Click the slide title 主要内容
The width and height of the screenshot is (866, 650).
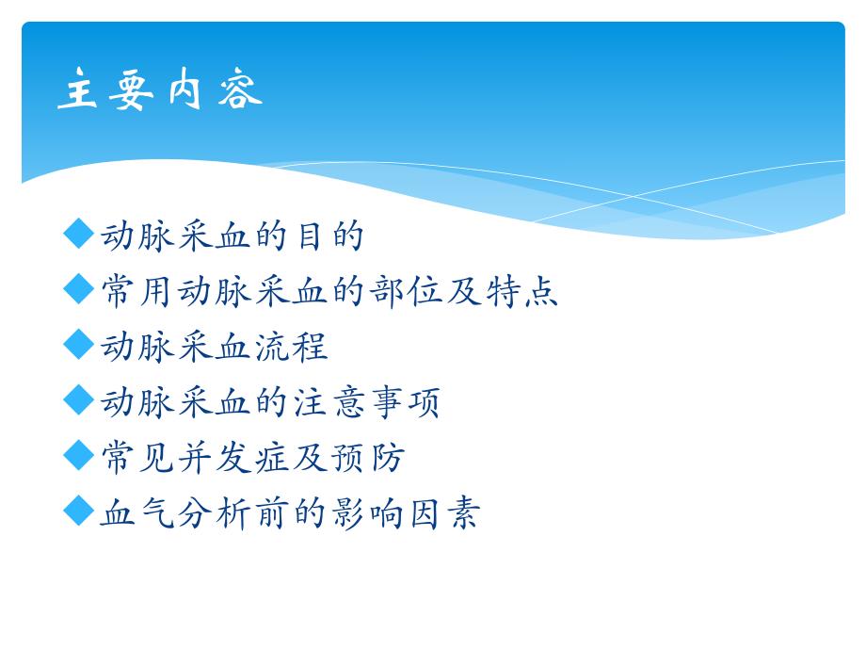(x=160, y=92)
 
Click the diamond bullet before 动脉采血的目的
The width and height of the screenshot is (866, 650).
(x=80, y=235)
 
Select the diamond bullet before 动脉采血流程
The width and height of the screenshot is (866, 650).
(x=80, y=345)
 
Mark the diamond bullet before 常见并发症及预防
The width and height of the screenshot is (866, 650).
(x=80, y=456)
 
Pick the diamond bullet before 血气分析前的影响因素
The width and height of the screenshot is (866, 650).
(x=80, y=512)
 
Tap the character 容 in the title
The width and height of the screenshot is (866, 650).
(x=236, y=92)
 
